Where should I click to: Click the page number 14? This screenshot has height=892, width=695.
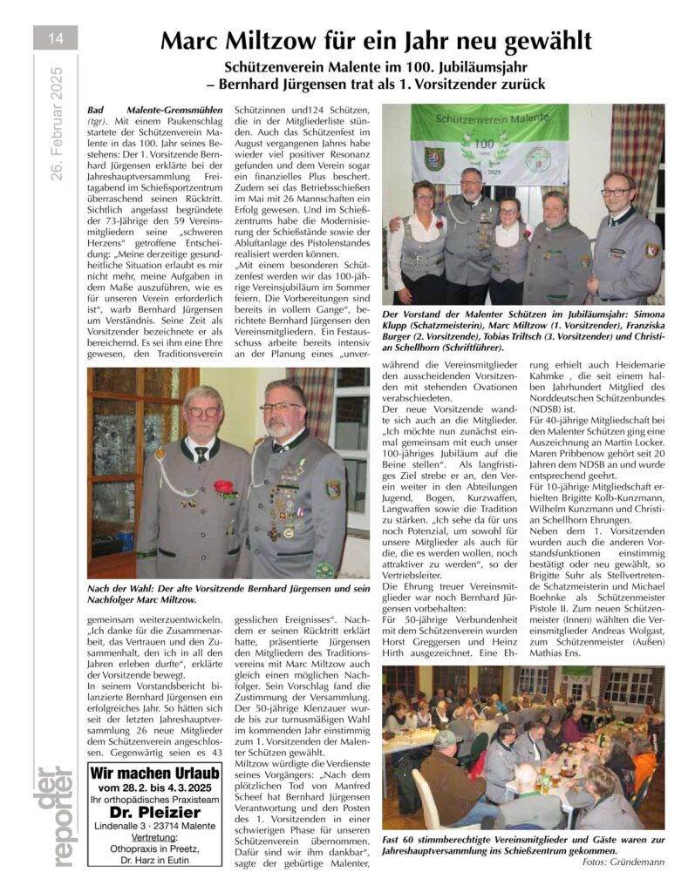point(56,37)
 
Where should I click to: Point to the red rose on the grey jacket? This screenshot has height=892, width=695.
point(224,488)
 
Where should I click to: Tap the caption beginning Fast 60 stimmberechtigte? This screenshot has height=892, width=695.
point(523,843)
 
